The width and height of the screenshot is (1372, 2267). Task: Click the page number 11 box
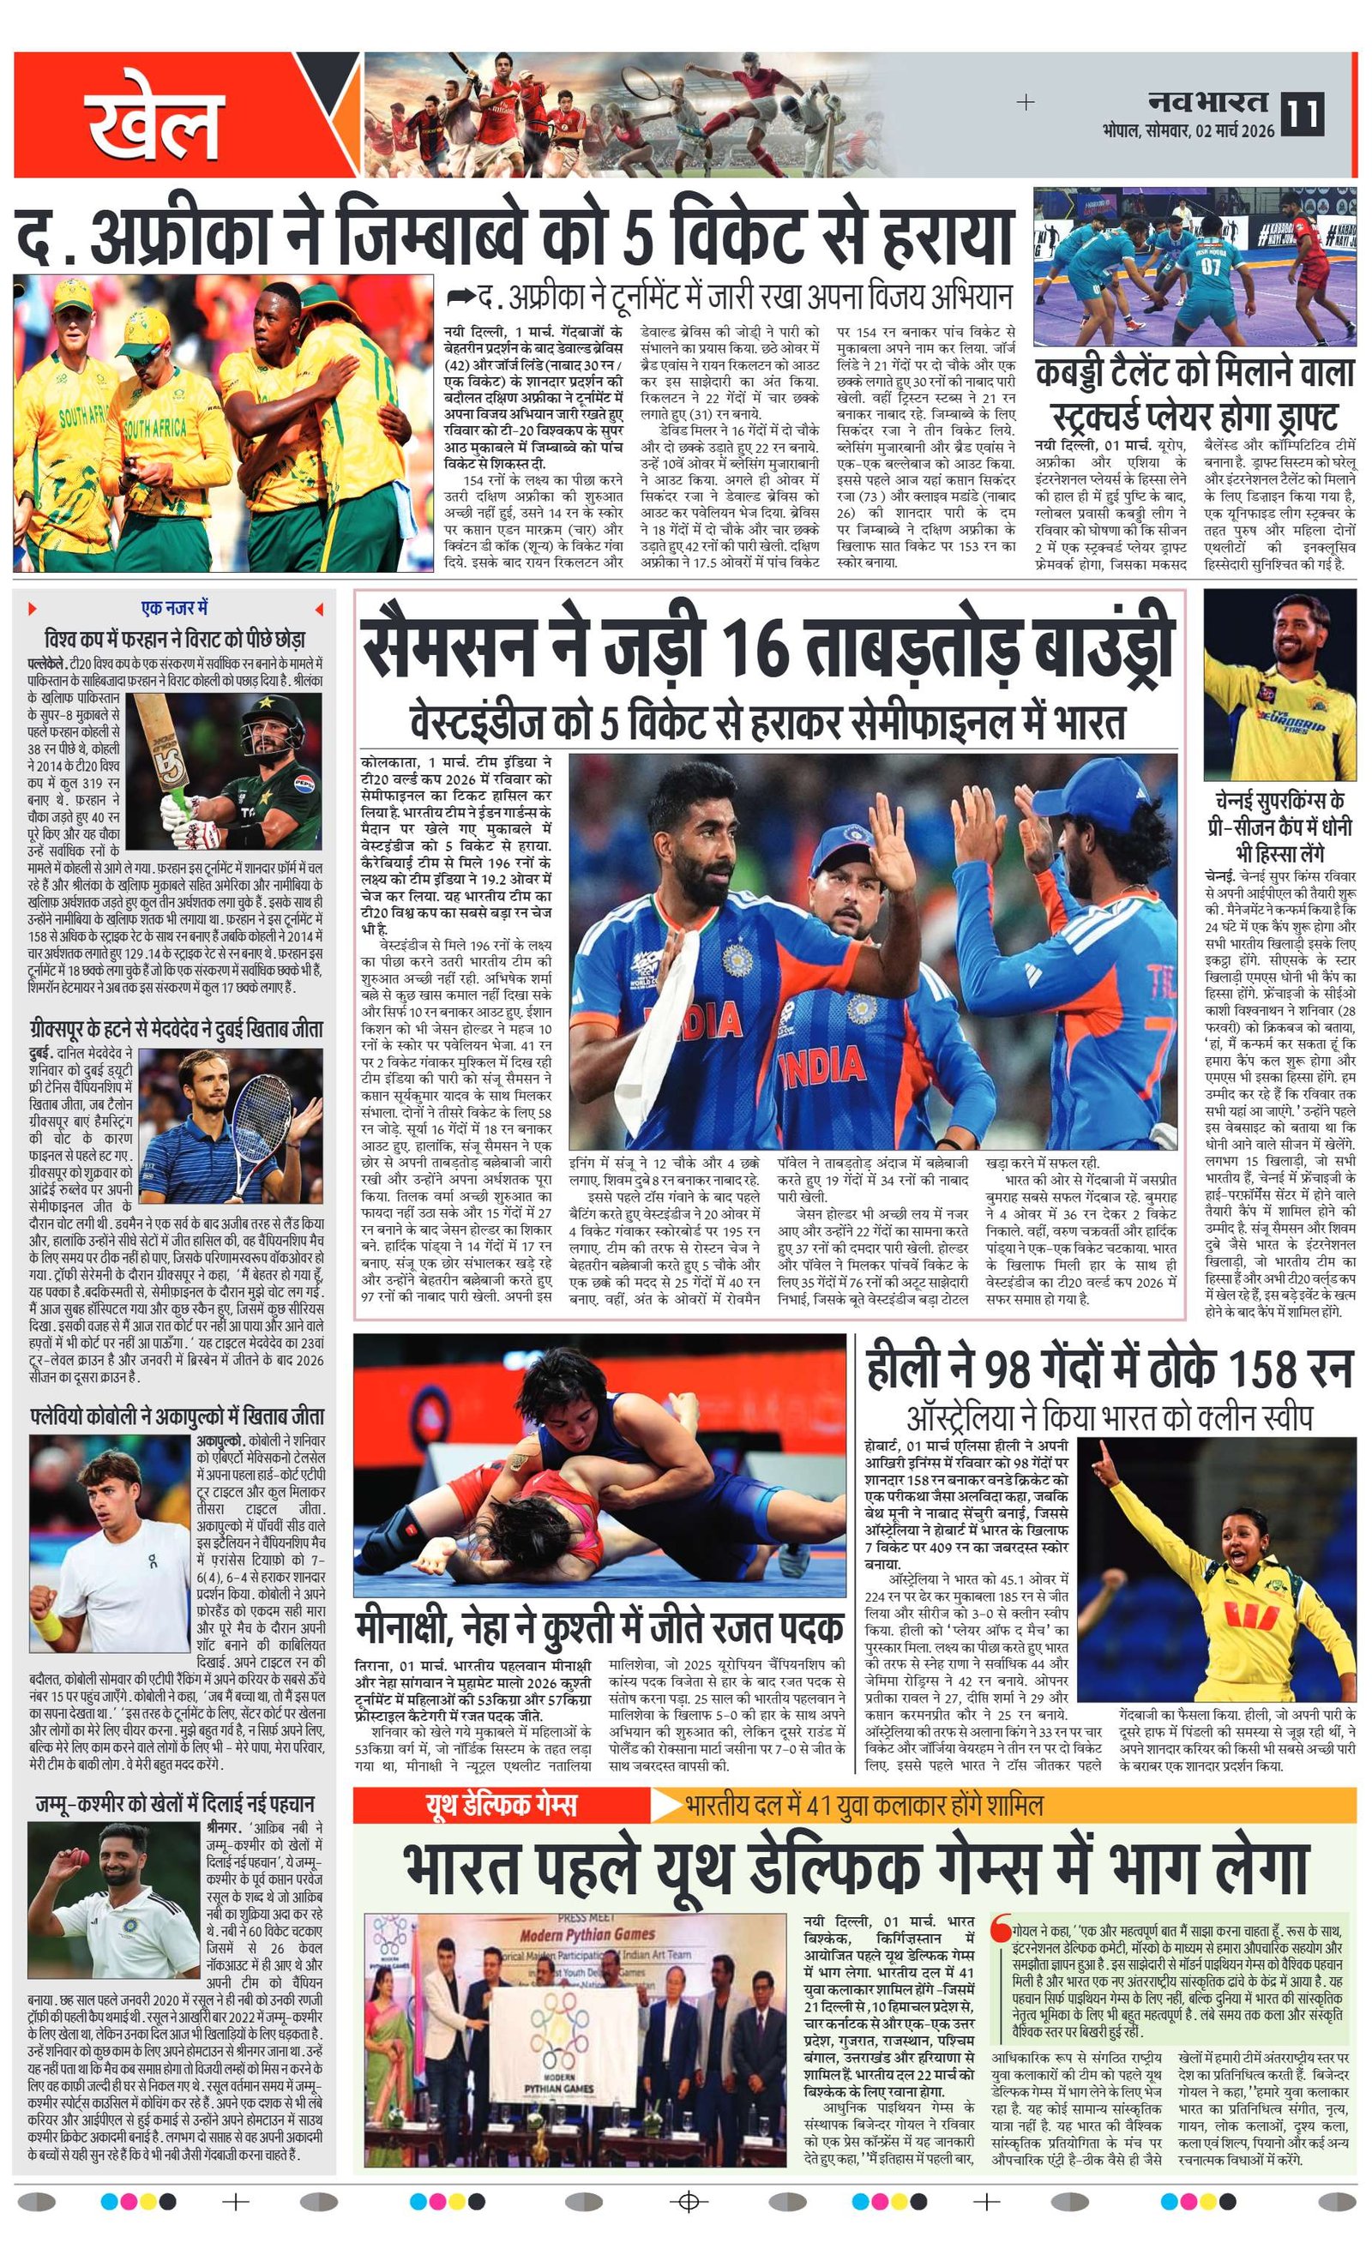1302,114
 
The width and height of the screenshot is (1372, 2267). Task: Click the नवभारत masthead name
1207,101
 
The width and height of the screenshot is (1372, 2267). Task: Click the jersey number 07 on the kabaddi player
1210,267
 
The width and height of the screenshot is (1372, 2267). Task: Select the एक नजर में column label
174,608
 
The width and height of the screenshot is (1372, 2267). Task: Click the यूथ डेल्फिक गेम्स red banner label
500,1804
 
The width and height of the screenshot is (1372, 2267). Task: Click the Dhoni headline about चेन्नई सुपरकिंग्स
1279,826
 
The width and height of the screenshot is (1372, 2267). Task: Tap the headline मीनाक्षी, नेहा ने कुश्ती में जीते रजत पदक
599,1627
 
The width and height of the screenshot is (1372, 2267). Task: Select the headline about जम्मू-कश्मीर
175,1804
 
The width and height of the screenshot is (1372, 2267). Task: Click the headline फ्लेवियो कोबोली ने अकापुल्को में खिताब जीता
177,1416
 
